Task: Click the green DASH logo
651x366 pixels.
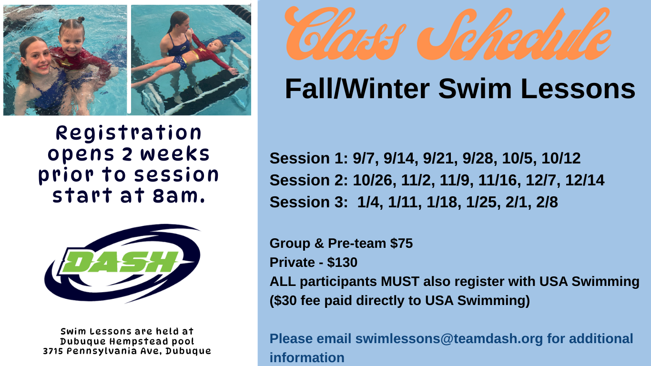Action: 122,263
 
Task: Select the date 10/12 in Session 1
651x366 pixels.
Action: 561,158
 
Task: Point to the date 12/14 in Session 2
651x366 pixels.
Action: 585,180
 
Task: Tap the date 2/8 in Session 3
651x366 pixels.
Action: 547,202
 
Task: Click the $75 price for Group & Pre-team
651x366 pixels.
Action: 401,244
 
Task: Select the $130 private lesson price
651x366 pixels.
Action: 342,263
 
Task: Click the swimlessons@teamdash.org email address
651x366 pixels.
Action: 449,339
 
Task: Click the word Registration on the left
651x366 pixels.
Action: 129,133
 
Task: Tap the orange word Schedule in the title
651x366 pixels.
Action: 514,35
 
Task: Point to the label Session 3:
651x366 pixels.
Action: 309,202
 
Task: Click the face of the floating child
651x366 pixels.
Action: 215,46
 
